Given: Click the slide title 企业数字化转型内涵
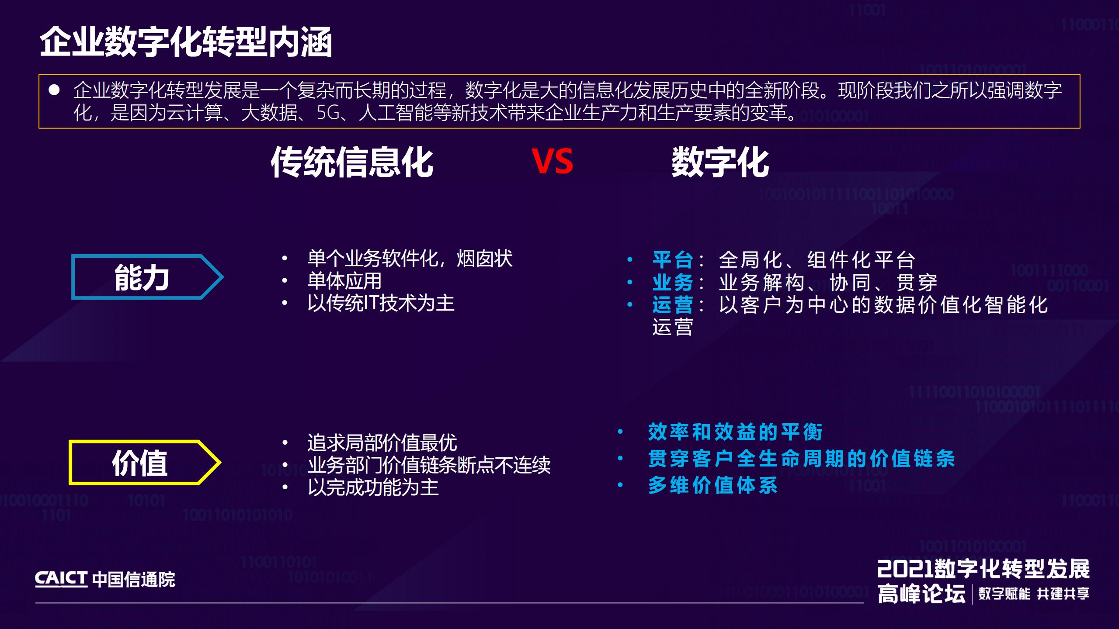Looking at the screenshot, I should [186, 42].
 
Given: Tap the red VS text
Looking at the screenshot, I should [553, 162].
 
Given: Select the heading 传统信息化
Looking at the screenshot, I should [352, 162].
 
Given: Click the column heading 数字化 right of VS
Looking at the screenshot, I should [720, 162].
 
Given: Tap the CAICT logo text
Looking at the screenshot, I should [61, 579].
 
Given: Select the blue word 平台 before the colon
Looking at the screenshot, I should [672, 260].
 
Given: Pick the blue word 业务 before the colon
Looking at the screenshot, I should [672, 283].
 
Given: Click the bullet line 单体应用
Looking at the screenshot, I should [344, 281].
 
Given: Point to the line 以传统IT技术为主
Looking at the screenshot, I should [381, 303].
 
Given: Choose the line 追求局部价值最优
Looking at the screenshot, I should [382, 443].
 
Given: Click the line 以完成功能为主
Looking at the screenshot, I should [373, 487].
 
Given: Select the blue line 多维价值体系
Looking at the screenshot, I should [713, 485].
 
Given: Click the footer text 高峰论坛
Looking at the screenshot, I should [921, 594].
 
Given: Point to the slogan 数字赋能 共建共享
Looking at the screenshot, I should [1033, 594].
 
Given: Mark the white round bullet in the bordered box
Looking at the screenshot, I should [54, 90].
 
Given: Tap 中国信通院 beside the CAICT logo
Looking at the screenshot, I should [134, 580].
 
